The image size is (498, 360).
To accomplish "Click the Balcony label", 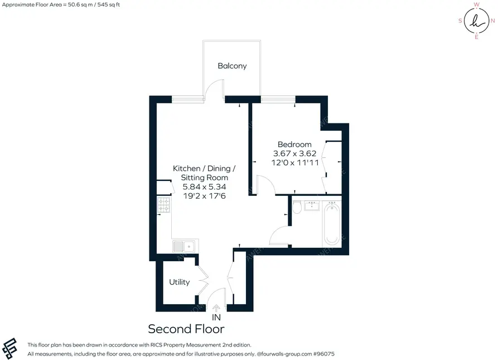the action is (232, 66).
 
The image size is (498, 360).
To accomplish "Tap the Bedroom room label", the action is (294, 144).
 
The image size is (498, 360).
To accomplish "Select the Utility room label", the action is (180, 282).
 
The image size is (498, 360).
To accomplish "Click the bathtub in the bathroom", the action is (332, 224).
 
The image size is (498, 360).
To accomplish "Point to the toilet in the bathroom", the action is (297, 207).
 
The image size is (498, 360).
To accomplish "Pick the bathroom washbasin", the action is (312, 205).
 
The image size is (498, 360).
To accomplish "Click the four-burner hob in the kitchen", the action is (163, 205).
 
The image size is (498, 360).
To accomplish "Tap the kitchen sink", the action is (183, 246).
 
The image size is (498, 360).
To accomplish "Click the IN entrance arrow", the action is (216, 308).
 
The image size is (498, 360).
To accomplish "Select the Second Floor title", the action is (186, 329).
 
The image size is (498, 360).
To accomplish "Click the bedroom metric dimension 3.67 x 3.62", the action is (295, 153).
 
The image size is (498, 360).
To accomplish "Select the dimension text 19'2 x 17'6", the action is (205, 196).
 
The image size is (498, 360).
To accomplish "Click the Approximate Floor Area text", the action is (61, 5).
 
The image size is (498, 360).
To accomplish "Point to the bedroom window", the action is (278, 99).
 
